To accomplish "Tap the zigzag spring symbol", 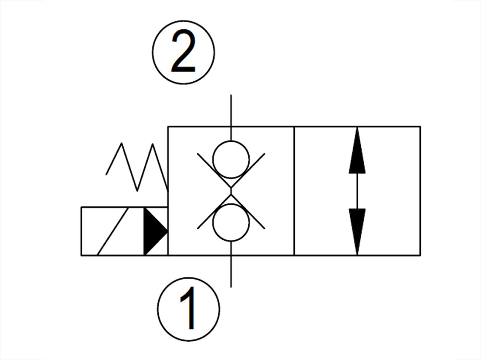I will point(137,166).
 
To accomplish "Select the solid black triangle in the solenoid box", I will point(154,231).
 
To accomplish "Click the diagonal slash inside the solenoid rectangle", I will point(112,231).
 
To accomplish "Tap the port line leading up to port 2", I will point(231,111).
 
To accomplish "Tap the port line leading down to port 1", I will point(231,272).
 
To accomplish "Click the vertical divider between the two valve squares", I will point(294,191).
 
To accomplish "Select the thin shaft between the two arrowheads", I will point(357,191).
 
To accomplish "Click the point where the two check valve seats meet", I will point(231,191).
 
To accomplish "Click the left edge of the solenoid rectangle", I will point(81,231).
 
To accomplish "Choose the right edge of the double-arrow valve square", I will point(420,191).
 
